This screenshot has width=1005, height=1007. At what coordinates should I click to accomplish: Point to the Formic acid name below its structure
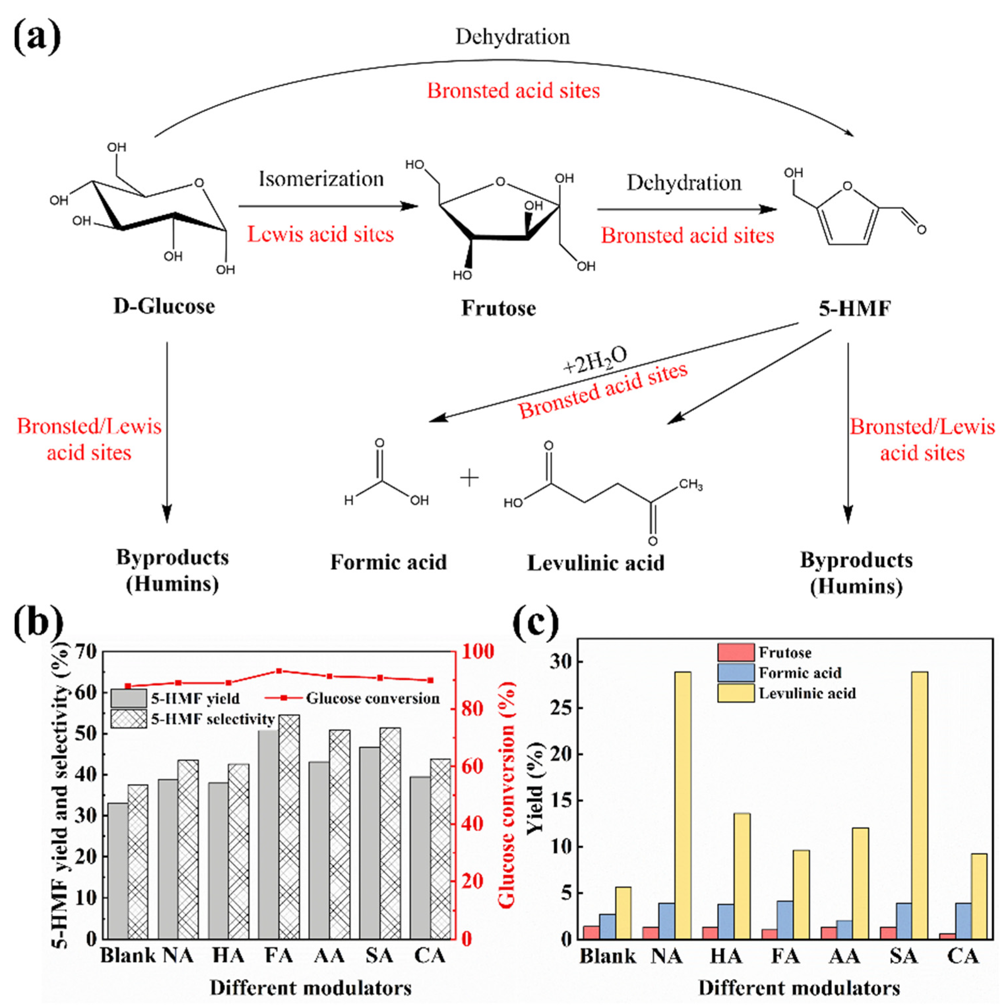(388, 562)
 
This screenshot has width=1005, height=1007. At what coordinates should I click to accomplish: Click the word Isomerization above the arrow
(321, 179)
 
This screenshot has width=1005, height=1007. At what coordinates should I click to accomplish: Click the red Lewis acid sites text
(320, 234)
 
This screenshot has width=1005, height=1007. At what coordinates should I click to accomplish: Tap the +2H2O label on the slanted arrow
(594, 360)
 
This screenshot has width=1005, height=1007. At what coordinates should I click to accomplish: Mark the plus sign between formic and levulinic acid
(469, 478)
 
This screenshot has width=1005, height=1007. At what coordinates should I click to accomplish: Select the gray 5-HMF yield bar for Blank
(118, 871)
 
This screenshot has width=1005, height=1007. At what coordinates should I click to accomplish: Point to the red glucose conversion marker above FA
(279, 671)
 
